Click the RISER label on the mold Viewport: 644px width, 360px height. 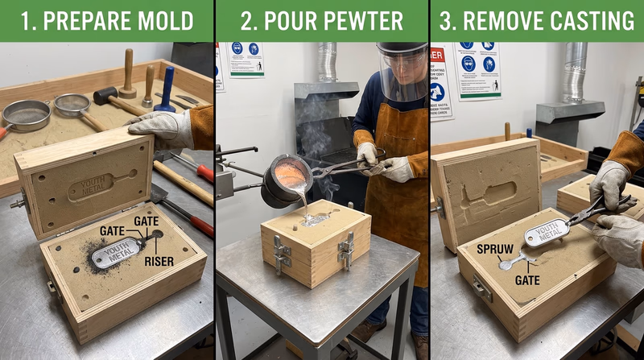[x=159, y=260]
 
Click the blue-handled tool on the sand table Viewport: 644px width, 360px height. [x=167, y=89]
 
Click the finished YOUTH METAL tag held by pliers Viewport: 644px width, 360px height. [x=547, y=234]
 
